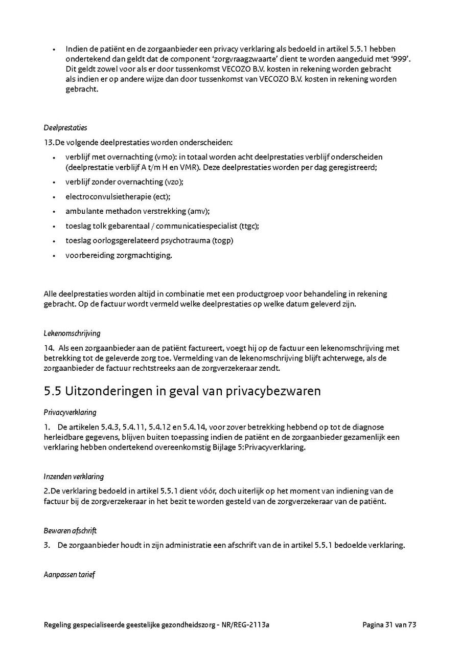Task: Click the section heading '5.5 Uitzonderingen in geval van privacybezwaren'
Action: tap(182, 391)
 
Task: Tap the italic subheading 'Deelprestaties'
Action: tap(65, 127)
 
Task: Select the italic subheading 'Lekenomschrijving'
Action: tap(72, 333)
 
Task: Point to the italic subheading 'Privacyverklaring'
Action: tap(70, 412)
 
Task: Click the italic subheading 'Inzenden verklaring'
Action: tap(74, 477)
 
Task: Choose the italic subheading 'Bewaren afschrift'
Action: tap(70, 531)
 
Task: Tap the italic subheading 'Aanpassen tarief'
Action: tap(69, 575)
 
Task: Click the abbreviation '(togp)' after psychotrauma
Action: tap(223, 240)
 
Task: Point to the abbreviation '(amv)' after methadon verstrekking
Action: tap(199, 211)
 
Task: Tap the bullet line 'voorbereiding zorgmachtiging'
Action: tap(119, 255)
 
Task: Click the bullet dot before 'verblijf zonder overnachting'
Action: tap(54, 182)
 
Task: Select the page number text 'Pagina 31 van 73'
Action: tap(389, 624)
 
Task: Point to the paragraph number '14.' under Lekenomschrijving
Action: tap(49, 348)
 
